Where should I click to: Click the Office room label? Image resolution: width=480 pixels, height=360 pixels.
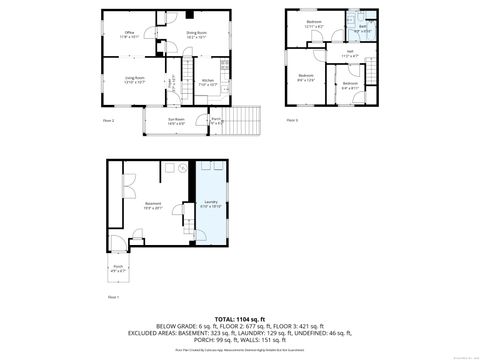coord(129,33)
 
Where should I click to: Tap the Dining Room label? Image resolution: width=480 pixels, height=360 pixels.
coord(196,33)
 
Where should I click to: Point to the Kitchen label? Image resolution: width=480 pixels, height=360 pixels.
coord(207,82)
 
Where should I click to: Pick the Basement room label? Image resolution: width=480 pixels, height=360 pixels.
coord(153,205)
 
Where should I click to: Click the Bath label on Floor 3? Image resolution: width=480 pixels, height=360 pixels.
coord(363,28)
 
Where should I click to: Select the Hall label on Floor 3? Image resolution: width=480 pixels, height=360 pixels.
coord(350,53)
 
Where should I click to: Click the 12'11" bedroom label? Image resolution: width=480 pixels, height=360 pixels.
coord(314,22)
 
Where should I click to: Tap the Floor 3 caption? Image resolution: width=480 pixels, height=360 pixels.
coord(292,119)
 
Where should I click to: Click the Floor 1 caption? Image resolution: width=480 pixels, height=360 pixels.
coord(112,297)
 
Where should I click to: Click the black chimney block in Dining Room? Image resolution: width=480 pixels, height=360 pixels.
coord(188,15)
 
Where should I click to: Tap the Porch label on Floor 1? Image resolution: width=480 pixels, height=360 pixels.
coord(118,267)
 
